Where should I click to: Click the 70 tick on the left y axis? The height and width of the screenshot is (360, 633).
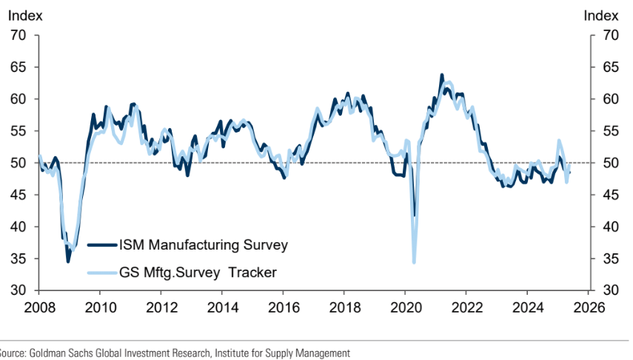19,35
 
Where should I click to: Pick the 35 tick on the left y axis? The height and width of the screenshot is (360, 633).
19,259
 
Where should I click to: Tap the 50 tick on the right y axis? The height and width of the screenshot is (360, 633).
611,162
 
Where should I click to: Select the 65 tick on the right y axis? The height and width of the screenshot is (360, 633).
611,67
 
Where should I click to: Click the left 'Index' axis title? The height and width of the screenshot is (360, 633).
25,14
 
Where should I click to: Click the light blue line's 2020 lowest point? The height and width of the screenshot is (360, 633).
414,261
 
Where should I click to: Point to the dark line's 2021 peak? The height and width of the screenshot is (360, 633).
442,76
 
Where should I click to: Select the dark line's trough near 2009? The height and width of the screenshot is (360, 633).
68,261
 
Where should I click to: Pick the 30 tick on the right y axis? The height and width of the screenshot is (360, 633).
611,290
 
